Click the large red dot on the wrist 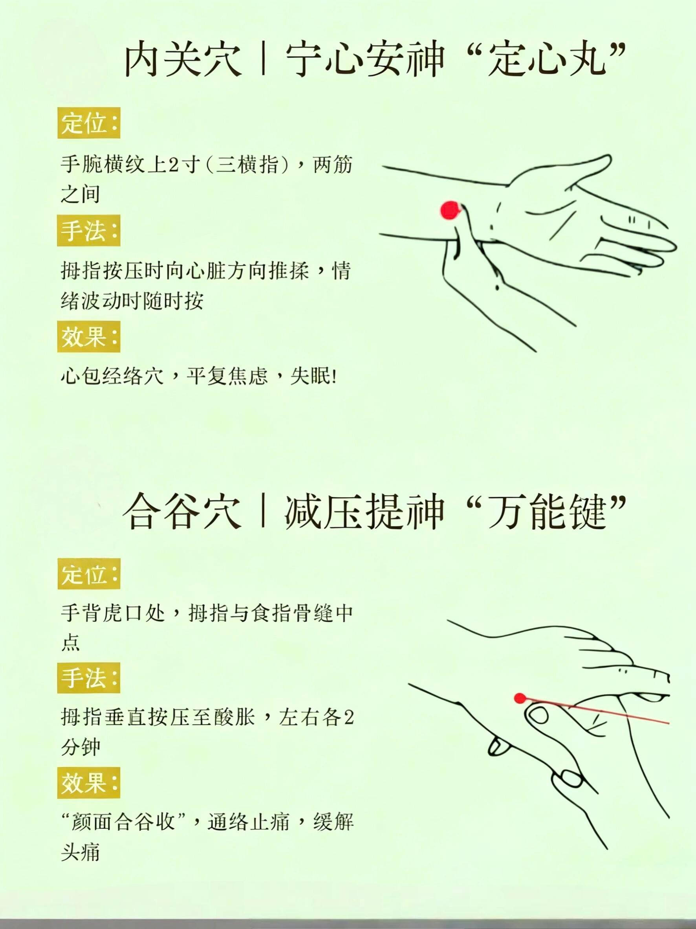pyautogui.click(x=450, y=210)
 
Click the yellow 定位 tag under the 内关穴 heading pyautogui.click(x=89, y=123)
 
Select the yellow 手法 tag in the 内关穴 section pyautogui.click(x=89, y=231)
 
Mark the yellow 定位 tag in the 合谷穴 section pyautogui.click(x=89, y=574)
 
